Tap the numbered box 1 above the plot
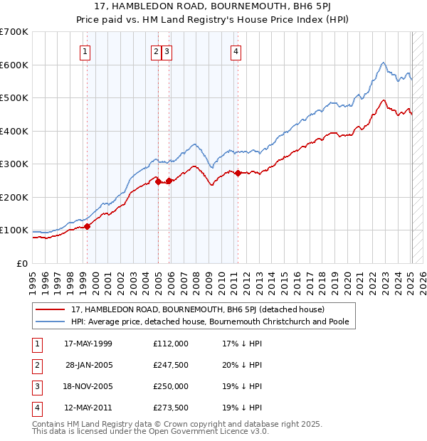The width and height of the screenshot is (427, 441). click(x=85, y=51)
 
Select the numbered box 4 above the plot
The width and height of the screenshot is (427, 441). click(x=235, y=51)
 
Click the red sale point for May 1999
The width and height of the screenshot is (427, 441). click(x=88, y=226)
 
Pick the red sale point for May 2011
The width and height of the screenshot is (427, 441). click(x=238, y=173)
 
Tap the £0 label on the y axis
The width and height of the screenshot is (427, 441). click(x=23, y=263)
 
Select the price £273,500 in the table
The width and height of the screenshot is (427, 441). click(x=171, y=408)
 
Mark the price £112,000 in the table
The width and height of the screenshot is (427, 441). click(x=171, y=344)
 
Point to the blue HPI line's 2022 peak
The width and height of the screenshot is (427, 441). click(x=383, y=63)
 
